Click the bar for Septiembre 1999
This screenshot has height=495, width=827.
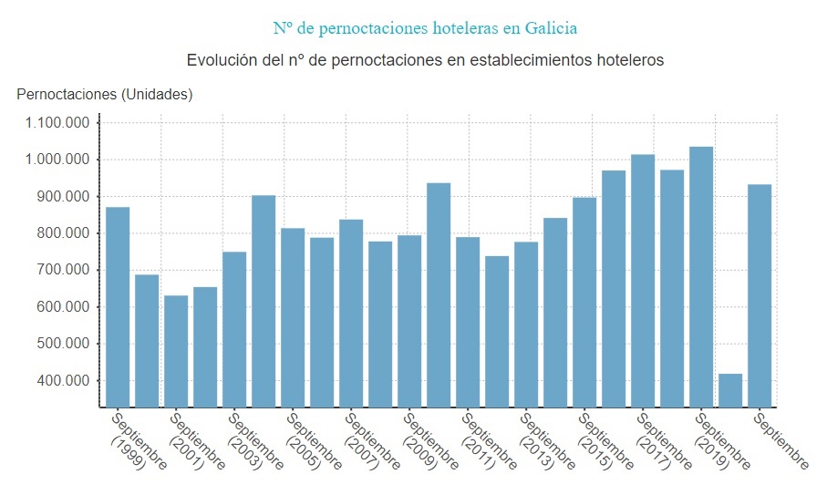pyautogui.click(x=118, y=306)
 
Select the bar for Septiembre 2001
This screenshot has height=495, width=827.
pyautogui.click(x=176, y=351)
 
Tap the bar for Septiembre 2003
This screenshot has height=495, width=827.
pyautogui.click(x=234, y=329)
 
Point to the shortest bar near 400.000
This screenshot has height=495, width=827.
pyautogui.click(x=730, y=390)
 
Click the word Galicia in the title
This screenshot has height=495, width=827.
pyautogui.click(x=551, y=28)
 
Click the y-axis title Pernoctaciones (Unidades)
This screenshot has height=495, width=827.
pyautogui.click(x=105, y=94)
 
